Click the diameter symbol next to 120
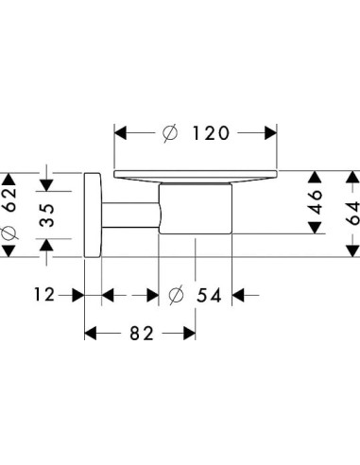click(x=169, y=133)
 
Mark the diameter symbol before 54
click(x=174, y=295)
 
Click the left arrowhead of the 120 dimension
click(x=121, y=133)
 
